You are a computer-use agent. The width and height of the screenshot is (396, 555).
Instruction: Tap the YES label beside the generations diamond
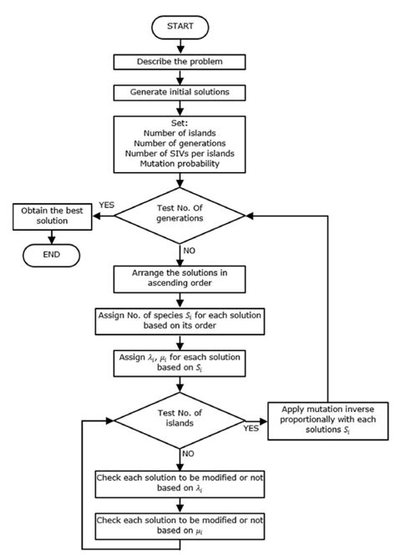[x=107, y=205]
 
